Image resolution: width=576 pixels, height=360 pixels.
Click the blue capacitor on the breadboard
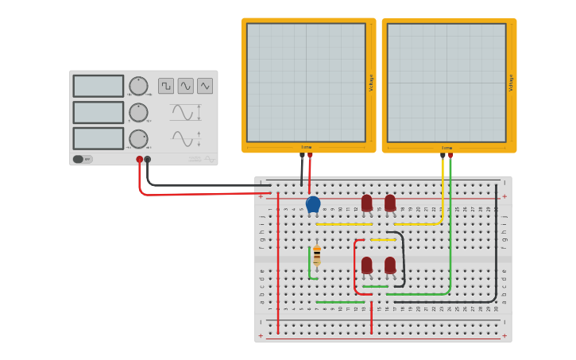(x=313, y=204)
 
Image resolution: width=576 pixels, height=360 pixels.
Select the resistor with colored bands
(x=317, y=255)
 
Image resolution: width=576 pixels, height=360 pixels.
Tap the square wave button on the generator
(x=166, y=85)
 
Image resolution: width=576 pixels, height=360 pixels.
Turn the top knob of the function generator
(x=138, y=86)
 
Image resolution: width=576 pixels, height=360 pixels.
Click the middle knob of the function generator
(x=138, y=112)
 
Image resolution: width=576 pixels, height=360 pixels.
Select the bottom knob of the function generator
(x=138, y=139)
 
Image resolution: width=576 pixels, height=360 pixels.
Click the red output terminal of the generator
(x=139, y=160)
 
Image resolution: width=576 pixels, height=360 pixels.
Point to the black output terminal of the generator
(x=147, y=160)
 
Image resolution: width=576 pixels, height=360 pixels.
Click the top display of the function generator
(x=99, y=86)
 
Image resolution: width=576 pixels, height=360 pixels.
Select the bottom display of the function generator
(x=99, y=138)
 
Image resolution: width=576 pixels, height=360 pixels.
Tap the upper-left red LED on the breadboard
(x=366, y=203)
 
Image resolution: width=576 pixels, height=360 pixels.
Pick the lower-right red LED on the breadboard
(x=390, y=265)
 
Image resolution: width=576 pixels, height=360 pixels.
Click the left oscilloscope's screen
(x=306, y=82)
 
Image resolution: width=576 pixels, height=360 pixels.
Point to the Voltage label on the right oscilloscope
(x=511, y=83)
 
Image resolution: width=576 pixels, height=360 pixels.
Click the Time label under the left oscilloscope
(x=306, y=147)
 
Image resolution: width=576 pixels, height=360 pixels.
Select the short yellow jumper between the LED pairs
(x=383, y=239)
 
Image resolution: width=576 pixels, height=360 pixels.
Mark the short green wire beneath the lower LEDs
(x=376, y=286)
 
